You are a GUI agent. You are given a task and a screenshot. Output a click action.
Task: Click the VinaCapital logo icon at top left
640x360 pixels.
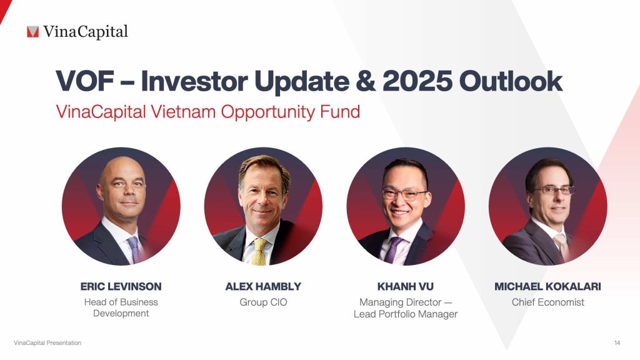click(x=32, y=31)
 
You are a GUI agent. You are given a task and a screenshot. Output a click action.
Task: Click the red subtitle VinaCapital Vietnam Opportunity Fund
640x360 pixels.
click(x=207, y=112)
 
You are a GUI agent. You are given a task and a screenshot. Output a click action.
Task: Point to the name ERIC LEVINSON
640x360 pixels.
click(x=121, y=287)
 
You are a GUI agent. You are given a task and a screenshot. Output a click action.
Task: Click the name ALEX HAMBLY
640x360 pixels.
click(x=263, y=287)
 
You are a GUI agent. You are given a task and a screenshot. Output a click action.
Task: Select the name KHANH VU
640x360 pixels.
click(x=406, y=287)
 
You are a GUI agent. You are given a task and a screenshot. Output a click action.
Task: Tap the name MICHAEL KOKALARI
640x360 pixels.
click(x=547, y=287)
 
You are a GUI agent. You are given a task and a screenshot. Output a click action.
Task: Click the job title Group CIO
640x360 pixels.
click(x=263, y=302)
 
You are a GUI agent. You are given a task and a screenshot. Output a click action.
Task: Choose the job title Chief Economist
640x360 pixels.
click(x=547, y=302)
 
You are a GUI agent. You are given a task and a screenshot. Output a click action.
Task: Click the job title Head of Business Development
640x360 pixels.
click(x=121, y=307)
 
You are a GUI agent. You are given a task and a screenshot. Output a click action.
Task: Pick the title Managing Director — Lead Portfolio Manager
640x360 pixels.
click(x=406, y=308)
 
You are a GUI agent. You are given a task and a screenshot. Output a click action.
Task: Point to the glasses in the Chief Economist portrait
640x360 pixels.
click(x=553, y=190)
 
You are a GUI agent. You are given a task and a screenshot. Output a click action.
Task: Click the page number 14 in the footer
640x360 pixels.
click(x=617, y=343)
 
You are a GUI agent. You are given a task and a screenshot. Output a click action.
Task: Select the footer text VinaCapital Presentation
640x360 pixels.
click(x=47, y=343)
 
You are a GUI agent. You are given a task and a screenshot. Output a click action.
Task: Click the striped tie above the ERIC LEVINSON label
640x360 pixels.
click(x=133, y=248)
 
